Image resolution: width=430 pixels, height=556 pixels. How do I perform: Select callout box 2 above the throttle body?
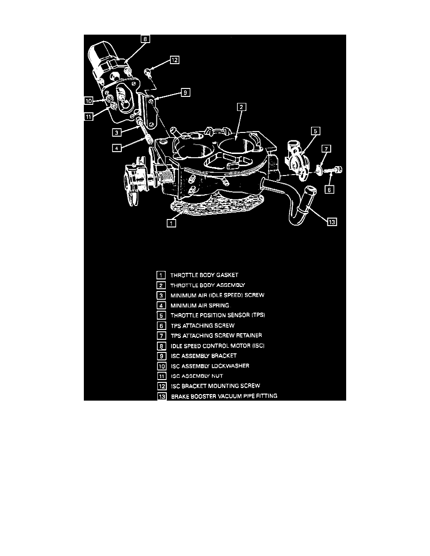click(x=240, y=107)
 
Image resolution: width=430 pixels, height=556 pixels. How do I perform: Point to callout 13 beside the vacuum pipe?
click(x=332, y=222)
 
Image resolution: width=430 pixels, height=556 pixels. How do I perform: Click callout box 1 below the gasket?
click(x=172, y=223)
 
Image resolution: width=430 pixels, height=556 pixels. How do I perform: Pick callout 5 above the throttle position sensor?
click(x=315, y=131)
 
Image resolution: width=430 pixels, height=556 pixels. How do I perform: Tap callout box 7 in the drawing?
click(x=326, y=149)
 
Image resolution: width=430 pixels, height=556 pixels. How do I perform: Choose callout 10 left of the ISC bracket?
click(x=89, y=100)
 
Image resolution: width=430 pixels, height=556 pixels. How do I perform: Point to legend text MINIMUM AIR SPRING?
click(x=199, y=305)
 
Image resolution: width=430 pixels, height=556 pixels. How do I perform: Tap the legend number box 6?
click(x=161, y=325)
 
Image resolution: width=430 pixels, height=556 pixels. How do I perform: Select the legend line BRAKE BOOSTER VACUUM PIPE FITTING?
click(x=224, y=396)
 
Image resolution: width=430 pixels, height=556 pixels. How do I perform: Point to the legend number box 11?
click(x=161, y=376)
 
